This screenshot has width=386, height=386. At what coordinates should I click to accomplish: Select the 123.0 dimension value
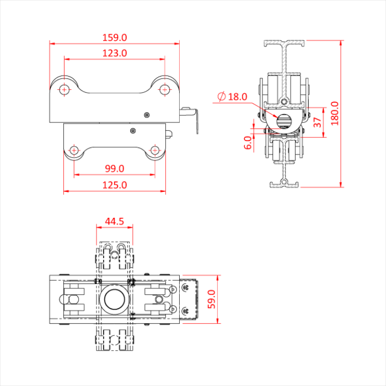115,53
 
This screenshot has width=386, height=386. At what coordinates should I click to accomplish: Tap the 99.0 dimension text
115,168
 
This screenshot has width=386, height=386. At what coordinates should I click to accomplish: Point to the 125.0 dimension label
115,185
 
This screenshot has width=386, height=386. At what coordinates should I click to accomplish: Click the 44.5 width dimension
114,221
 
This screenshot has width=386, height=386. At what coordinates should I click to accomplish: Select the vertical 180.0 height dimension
335,113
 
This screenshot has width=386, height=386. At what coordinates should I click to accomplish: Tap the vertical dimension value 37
318,122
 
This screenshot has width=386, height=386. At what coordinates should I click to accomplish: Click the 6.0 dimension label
248,143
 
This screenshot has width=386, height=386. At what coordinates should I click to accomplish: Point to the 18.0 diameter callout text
238,96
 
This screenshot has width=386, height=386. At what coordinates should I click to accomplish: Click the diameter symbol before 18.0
221,96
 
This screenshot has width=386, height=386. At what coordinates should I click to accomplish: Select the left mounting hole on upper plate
65,89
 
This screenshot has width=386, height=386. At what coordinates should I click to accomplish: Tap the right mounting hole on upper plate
164,89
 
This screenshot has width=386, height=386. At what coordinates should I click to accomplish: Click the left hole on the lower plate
74,150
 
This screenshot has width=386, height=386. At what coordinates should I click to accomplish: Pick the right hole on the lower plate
155,150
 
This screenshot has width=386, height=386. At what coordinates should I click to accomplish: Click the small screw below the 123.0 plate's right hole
146,115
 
